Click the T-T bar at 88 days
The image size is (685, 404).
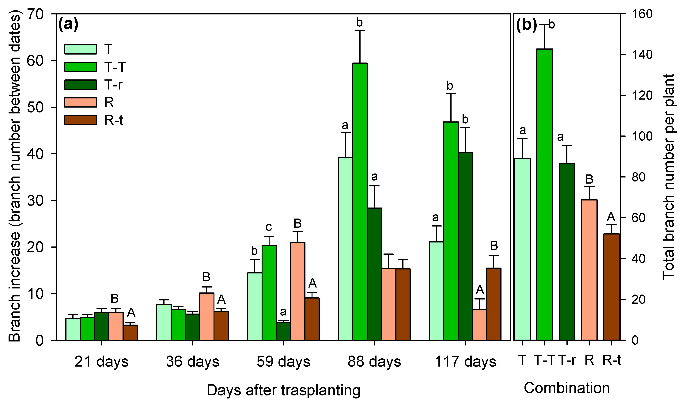(360, 201)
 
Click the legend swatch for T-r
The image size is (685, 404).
(80, 85)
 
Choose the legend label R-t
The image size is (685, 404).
(113, 120)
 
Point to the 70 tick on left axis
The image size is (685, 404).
(35, 14)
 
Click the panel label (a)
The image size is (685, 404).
(68, 25)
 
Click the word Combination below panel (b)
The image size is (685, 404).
(567, 388)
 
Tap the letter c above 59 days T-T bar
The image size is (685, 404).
(269, 227)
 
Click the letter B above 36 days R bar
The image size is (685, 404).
(206, 277)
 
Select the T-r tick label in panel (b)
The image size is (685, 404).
(567, 360)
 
